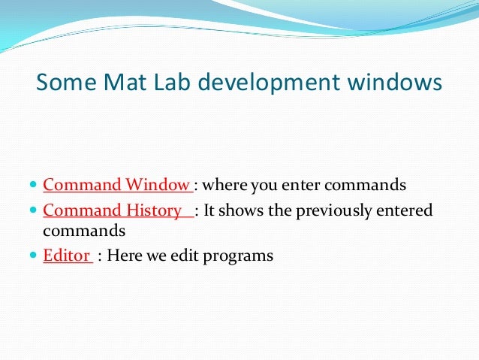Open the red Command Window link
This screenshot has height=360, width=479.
pos(117,184)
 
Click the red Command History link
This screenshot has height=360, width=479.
pos(117,210)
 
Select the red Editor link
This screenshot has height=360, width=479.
pos(67,256)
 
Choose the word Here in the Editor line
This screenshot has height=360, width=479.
pos(125,256)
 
